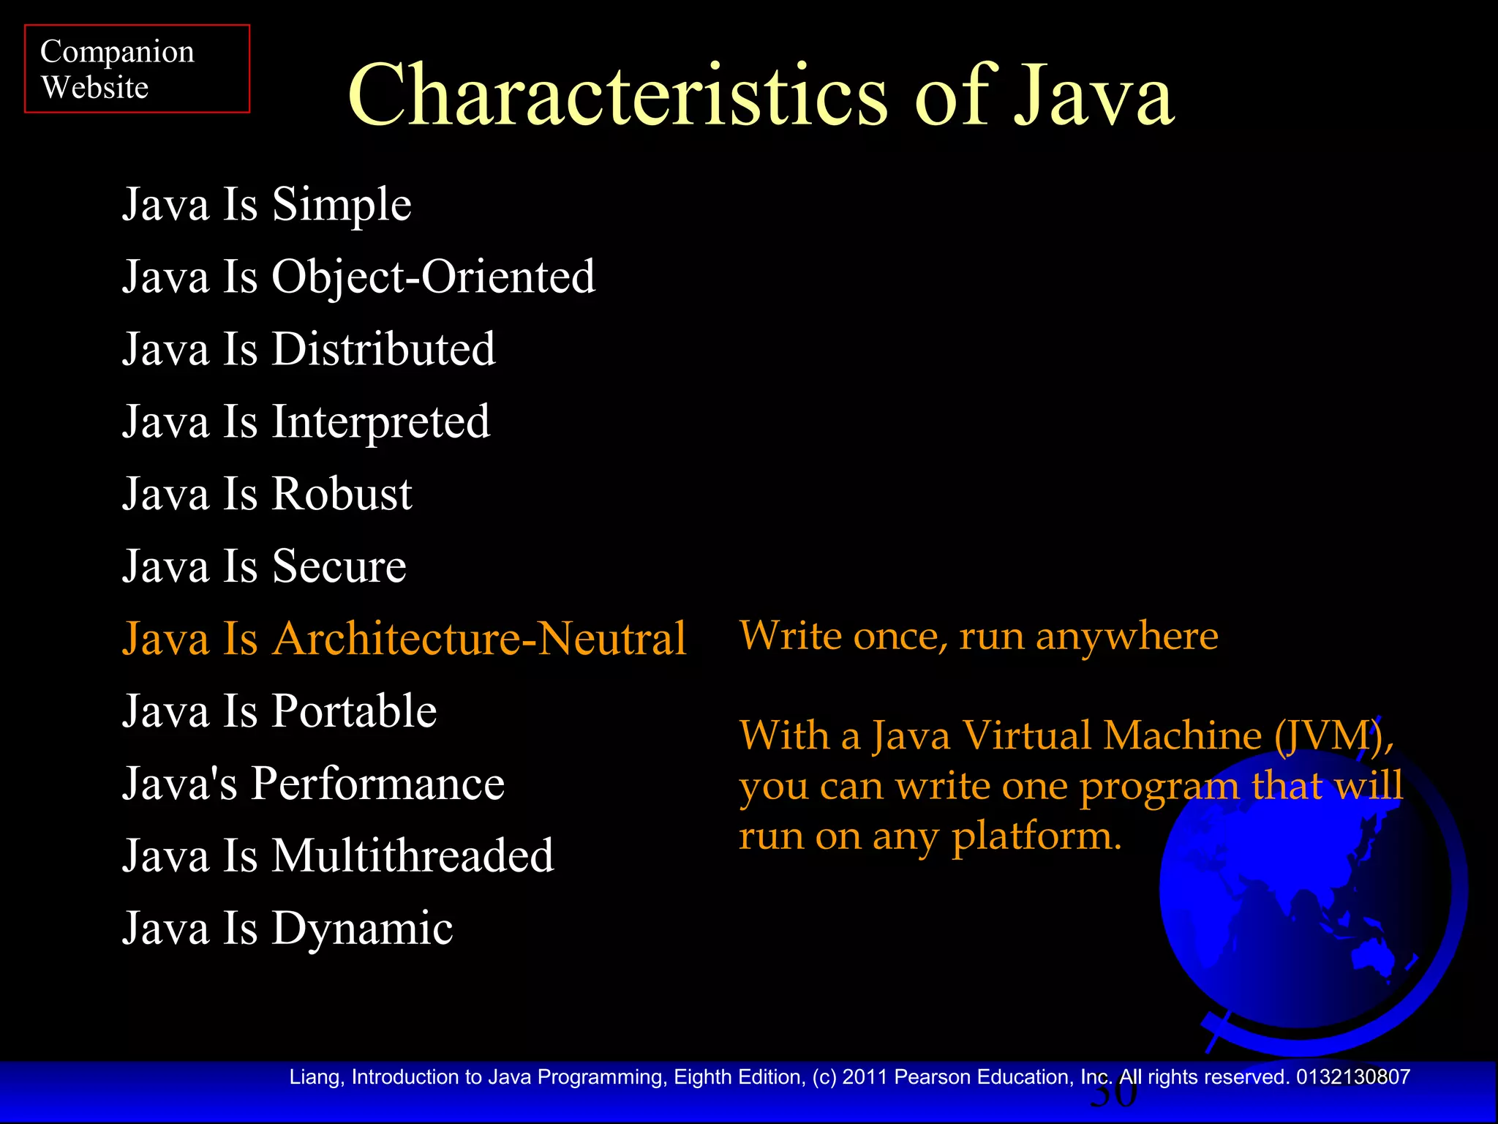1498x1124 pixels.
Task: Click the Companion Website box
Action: tap(137, 69)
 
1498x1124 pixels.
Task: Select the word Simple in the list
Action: tap(342, 205)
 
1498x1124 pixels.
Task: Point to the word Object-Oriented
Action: tap(433, 277)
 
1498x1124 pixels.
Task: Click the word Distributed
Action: tap(383, 349)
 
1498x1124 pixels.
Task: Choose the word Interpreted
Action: tap(380, 422)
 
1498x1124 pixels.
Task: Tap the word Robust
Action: tap(342, 494)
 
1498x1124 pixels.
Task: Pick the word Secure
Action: tap(339, 566)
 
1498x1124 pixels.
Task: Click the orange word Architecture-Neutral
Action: tap(479, 639)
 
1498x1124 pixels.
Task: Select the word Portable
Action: tap(354, 711)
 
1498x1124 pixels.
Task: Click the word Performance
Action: tap(377, 784)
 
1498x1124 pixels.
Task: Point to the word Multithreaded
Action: tap(413, 855)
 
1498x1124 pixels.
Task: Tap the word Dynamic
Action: tap(362, 929)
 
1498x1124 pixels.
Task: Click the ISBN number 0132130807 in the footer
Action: tap(1352, 1077)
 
